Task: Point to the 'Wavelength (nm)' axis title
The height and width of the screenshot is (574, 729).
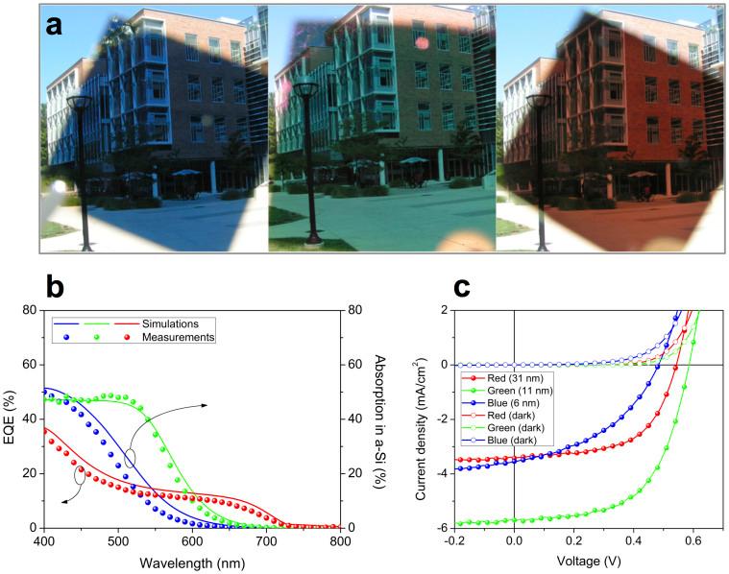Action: [x=192, y=561]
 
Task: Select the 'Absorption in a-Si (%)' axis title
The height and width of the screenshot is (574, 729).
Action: [x=377, y=419]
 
